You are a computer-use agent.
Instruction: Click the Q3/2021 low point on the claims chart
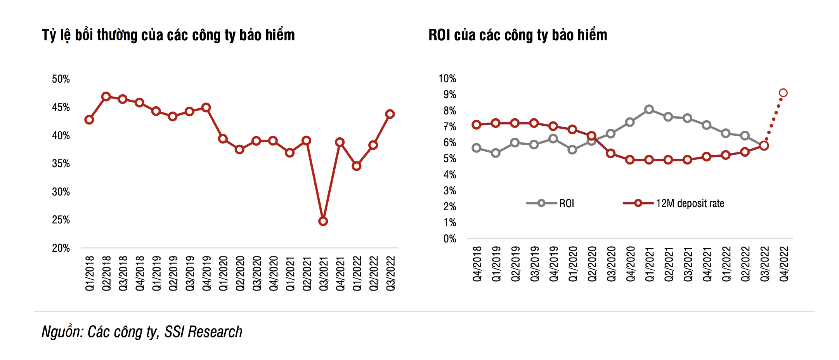323,221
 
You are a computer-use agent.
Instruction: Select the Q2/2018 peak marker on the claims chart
106,97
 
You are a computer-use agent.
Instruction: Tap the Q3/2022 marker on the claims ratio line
390,114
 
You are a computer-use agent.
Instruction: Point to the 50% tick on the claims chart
61,79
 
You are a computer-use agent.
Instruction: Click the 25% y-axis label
61,220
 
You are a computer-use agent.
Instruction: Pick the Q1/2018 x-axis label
90,273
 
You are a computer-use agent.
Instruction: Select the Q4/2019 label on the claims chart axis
207,273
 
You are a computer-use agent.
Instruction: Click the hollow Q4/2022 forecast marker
783,93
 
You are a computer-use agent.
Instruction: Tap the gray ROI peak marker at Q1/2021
649,109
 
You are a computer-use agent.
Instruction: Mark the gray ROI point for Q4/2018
477,148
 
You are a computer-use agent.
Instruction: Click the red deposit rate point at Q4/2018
477,125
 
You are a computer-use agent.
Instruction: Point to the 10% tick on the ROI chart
447,78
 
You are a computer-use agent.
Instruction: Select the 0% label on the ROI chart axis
450,239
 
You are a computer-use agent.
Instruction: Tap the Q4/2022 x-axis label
784,264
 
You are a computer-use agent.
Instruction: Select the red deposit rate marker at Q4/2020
630,159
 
